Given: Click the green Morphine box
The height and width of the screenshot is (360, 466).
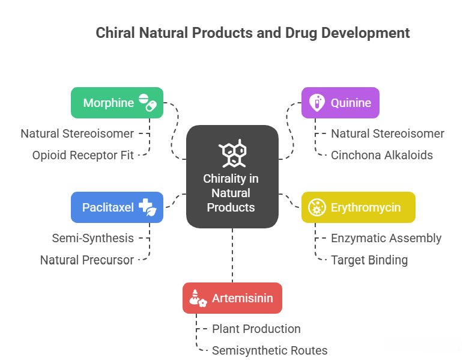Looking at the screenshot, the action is (x=117, y=103).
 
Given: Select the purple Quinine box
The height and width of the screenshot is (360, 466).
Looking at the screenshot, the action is (x=340, y=103).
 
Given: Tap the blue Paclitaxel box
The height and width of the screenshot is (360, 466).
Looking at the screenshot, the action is (x=117, y=207).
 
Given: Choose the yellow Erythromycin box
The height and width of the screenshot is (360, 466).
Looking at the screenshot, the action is (x=359, y=207).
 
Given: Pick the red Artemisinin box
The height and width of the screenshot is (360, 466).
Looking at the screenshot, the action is (x=232, y=298).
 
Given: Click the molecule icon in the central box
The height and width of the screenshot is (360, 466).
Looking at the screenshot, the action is (x=232, y=153).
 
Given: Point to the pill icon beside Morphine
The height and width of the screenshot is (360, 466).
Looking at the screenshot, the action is (x=148, y=103).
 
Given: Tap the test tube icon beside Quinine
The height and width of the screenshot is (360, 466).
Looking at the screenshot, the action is (x=317, y=103).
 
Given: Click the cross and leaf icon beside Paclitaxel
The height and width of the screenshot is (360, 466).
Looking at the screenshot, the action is (x=148, y=207).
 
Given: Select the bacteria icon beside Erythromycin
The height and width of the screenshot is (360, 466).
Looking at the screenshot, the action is (x=317, y=207).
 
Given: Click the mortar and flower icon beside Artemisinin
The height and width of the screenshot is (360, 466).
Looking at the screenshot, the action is (x=198, y=298).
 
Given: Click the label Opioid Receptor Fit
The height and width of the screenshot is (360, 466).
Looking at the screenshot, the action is (x=83, y=155).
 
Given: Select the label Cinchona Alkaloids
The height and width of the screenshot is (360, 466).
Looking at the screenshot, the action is (x=382, y=155).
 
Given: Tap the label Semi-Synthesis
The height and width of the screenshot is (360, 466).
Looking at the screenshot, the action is (x=92, y=239).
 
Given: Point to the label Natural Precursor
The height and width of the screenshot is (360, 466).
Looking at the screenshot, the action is (x=87, y=260).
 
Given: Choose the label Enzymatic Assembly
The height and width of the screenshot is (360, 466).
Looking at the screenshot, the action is (x=386, y=239).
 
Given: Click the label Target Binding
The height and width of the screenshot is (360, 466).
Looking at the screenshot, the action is (x=369, y=260).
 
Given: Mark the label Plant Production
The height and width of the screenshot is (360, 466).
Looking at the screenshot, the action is (x=256, y=329).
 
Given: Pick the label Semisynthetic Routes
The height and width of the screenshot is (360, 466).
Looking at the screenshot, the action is (x=270, y=351).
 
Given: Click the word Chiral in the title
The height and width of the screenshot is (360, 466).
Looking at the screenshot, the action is (x=115, y=32).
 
